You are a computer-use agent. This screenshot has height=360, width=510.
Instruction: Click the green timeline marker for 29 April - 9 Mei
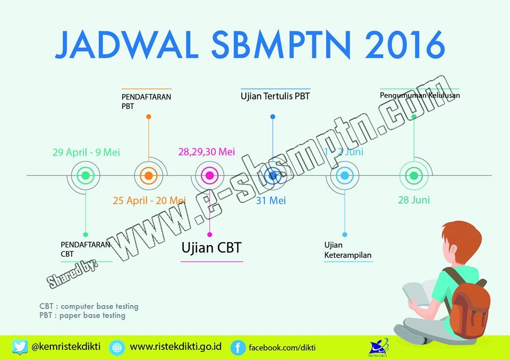(x=86, y=175)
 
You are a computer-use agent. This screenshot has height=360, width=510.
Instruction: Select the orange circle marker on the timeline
(x=148, y=175)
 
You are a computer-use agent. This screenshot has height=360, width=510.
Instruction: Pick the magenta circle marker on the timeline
(x=209, y=175)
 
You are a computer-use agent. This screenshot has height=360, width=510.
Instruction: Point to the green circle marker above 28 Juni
(x=413, y=175)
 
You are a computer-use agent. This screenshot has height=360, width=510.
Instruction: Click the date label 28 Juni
(x=414, y=200)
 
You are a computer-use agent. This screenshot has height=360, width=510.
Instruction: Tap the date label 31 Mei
(x=271, y=200)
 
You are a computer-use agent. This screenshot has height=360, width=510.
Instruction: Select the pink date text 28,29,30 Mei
(x=207, y=152)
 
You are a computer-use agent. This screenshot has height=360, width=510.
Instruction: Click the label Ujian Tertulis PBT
(x=275, y=96)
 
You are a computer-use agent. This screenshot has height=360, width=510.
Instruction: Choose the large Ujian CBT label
(x=211, y=248)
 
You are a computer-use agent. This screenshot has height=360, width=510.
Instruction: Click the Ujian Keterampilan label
(x=347, y=250)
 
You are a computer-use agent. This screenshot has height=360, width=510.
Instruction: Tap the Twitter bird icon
(x=20, y=347)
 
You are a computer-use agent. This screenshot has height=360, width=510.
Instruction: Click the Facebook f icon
(x=238, y=348)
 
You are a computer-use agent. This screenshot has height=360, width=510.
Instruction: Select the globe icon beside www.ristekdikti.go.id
(x=117, y=348)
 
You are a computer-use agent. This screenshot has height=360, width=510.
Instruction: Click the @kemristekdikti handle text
(x=66, y=347)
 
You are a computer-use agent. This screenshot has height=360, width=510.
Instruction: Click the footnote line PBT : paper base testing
(x=82, y=315)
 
